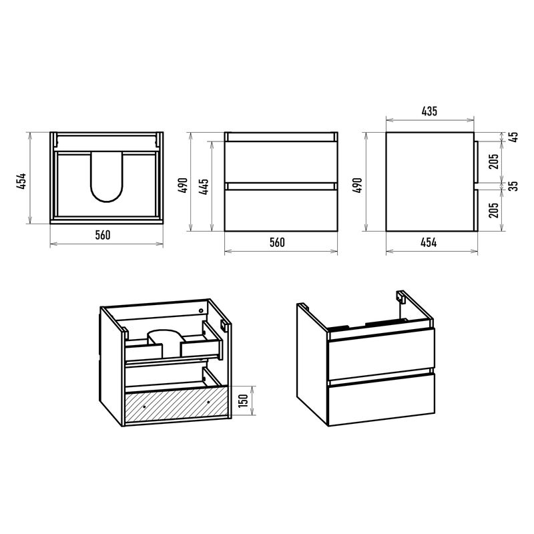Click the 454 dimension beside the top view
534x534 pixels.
[x=21, y=181]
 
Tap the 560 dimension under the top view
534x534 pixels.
[x=103, y=235]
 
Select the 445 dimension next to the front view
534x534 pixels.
[x=204, y=186]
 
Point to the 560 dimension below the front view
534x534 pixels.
[x=277, y=242]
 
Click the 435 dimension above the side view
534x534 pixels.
[x=429, y=111]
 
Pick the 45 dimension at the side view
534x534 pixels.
[x=514, y=137]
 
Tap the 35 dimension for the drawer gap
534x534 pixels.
[x=514, y=186]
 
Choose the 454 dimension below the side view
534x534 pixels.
[x=429, y=242]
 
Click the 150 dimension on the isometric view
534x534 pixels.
[x=243, y=402]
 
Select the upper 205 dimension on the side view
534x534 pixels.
[x=493, y=162]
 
